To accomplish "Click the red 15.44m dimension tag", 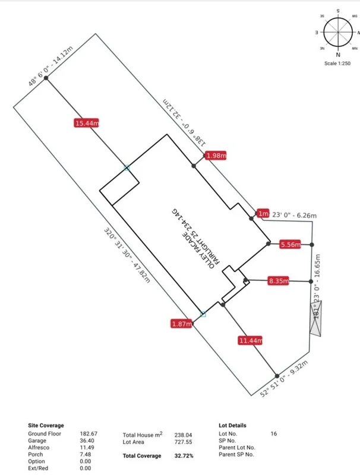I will [x=87, y=123].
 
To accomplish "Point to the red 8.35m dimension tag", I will [x=277, y=281].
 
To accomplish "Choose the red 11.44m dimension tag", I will [x=250, y=340].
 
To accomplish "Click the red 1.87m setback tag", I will [x=181, y=324].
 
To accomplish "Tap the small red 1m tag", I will [x=263, y=214].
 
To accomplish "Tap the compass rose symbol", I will [x=337, y=32].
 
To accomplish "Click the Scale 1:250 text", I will [x=337, y=63].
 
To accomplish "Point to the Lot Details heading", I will [x=232, y=426].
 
